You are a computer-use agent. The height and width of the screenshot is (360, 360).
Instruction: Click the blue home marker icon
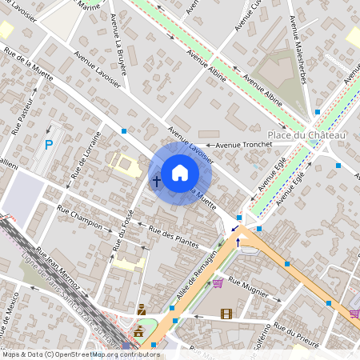pyautogui.click(x=180, y=172)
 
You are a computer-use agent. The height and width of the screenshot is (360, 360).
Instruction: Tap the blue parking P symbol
pyautogui.click(x=49, y=145)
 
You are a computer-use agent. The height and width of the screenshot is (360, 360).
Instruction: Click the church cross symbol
pyautogui.click(x=156, y=182)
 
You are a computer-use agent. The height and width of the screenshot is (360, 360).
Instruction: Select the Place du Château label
pyautogui.click(x=306, y=135)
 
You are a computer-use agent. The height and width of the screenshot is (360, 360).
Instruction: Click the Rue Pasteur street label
pyautogui.click(x=23, y=119)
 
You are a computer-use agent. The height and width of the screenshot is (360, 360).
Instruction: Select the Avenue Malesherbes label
pyautogui.click(x=298, y=24)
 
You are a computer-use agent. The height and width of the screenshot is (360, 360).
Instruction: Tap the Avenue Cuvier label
pyautogui.click(x=247, y=16)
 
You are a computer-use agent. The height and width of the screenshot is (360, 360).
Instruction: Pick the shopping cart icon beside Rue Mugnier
pyautogui.click(x=218, y=282)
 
